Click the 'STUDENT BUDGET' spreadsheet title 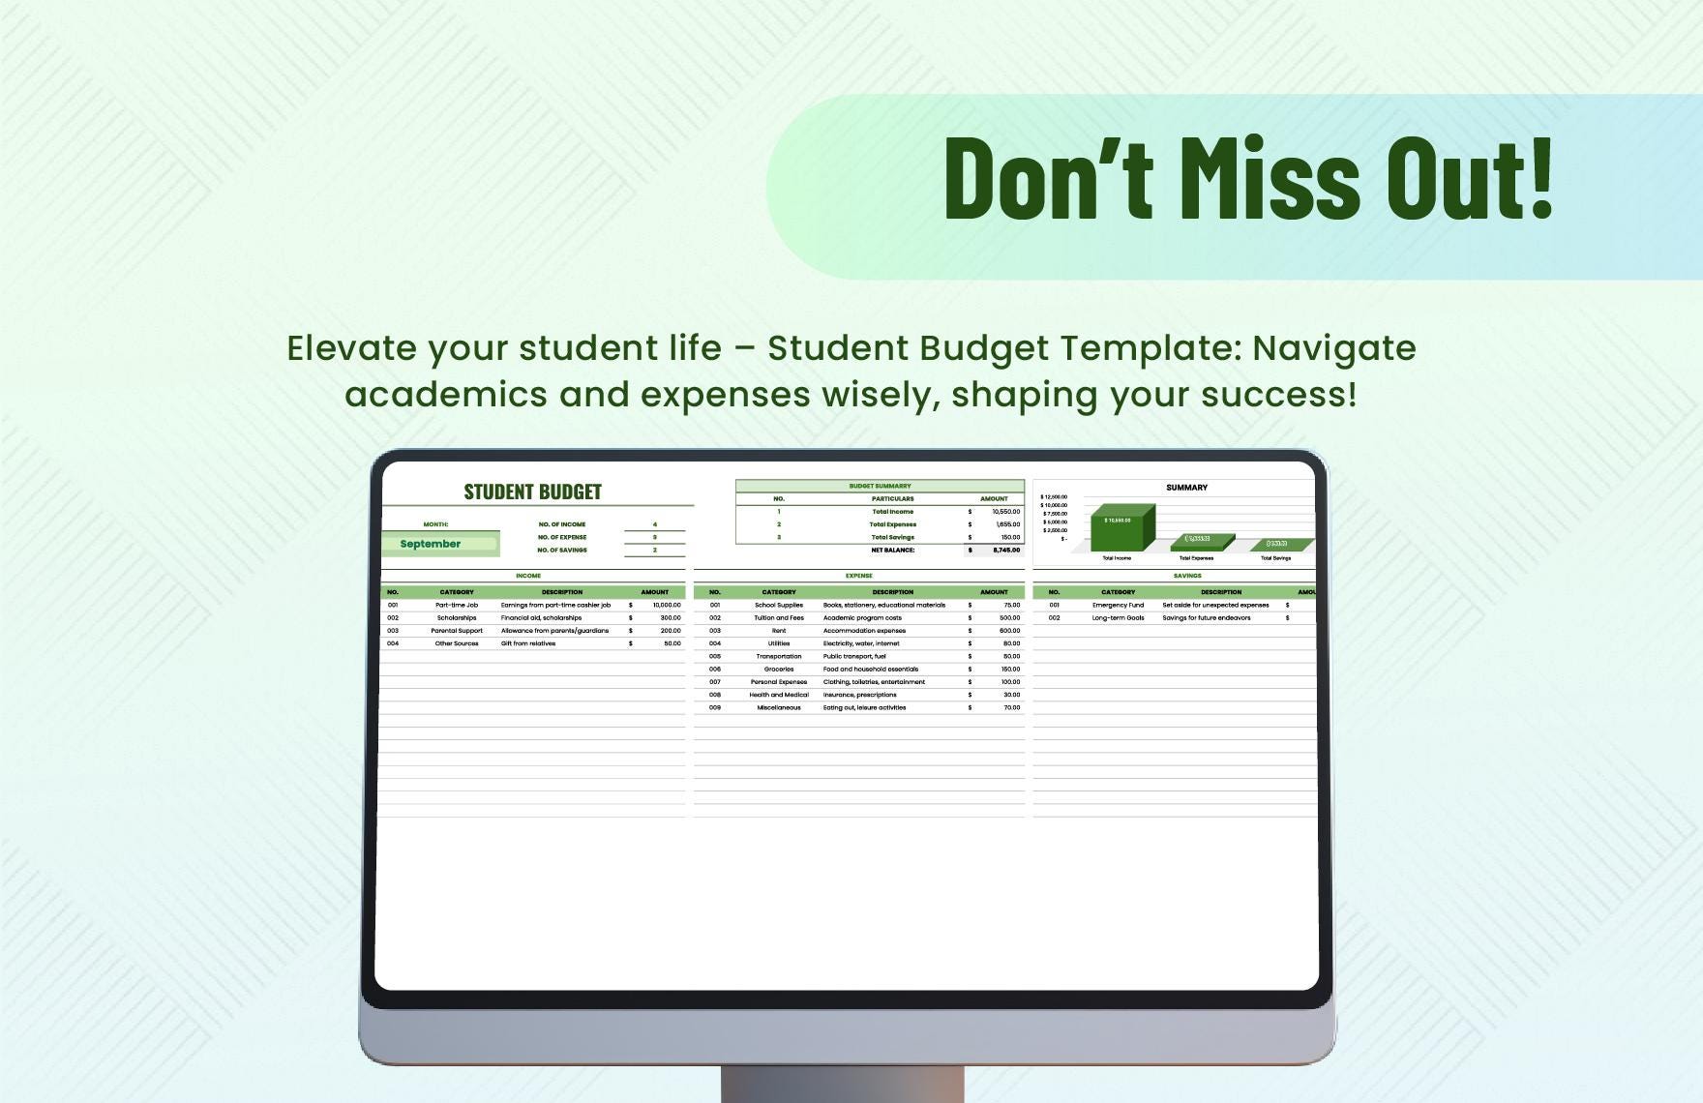532,492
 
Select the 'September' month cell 431,544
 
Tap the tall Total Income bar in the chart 1120,527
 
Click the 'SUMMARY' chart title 1186,488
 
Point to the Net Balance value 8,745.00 1006,550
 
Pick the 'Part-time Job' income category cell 457,605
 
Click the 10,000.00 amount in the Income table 667,605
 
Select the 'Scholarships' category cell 457,617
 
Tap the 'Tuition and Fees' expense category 779,617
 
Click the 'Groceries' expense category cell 779,669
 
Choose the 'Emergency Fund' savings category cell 1118,605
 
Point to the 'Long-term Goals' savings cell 1118,617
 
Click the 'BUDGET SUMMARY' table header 880,486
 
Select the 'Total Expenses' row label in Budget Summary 892,524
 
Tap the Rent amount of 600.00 1010,630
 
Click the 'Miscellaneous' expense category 779,707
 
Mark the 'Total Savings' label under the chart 1275,558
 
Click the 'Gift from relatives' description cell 528,643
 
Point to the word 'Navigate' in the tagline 1334,348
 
